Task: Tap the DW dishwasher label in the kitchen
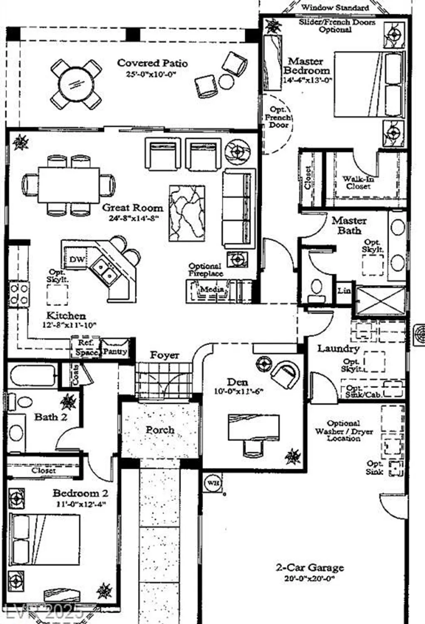point(77,260)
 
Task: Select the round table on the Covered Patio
point(76,84)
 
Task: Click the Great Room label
point(132,208)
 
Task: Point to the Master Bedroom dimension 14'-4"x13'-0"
point(307,80)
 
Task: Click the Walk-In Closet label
point(358,183)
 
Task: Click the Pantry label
point(115,352)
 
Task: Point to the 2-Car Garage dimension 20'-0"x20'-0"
point(310,578)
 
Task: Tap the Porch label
point(160,430)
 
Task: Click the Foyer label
point(165,355)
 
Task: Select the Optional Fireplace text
point(205,270)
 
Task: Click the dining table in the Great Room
point(69,185)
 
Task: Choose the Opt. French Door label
point(278,117)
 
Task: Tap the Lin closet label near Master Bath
point(344,291)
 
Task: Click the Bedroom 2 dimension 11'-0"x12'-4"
point(81,504)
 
